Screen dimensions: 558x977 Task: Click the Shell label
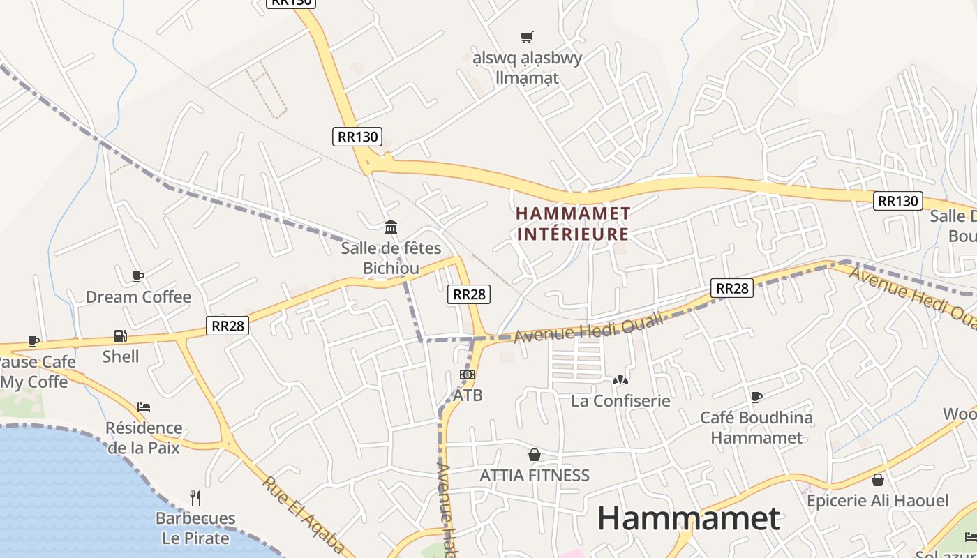pyautogui.click(x=121, y=356)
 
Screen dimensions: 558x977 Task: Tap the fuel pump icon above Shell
pyautogui.click(x=121, y=336)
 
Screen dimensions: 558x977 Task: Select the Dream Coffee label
pyautogui.click(x=138, y=297)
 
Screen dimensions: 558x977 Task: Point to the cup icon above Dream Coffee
pyautogui.click(x=138, y=277)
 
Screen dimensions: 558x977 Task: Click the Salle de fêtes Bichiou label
pyautogui.click(x=391, y=258)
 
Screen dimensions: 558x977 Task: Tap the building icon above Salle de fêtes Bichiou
pyautogui.click(x=391, y=227)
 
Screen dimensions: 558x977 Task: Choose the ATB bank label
pyautogui.click(x=468, y=395)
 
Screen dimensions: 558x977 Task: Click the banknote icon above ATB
pyautogui.click(x=468, y=375)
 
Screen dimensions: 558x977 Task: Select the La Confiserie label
pyautogui.click(x=620, y=401)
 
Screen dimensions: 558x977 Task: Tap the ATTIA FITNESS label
pyautogui.click(x=535, y=476)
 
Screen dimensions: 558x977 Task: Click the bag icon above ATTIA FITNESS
pyautogui.click(x=535, y=455)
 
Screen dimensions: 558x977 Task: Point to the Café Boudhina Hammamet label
pyautogui.click(x=756, y=428)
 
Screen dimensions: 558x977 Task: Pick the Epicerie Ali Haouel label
pyautogui.click(x=878, y=501)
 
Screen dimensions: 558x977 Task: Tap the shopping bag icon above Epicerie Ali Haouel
pyautogui.click(x=878, y=480)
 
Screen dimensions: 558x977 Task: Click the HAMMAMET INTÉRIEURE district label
pyautogui.click(x=573, y=223)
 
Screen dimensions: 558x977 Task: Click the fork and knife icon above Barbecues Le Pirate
pyautogui.click(x=195, y=498)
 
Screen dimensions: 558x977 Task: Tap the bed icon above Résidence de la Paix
pyautogui.click(x=144, y=407)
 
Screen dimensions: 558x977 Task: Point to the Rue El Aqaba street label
pyautogui.click(x=304, y=514)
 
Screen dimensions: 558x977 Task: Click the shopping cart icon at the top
pyautogui.click(x=527, y=37)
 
